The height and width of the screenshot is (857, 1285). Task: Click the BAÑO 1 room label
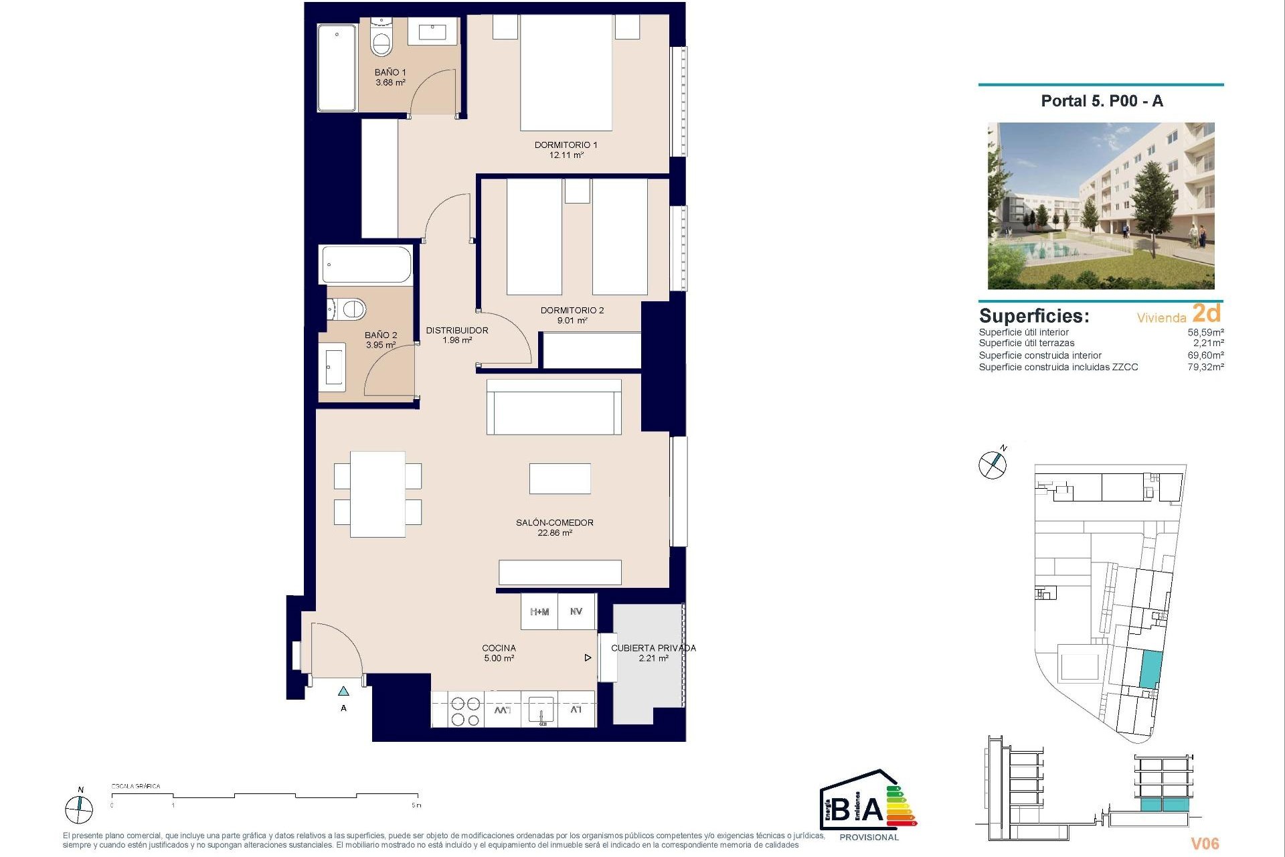point(390,72)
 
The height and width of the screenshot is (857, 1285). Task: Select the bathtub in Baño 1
point(337,67)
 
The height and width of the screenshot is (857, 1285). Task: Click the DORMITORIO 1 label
point(566,145)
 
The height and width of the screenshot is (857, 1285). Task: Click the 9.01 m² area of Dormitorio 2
point(572,321)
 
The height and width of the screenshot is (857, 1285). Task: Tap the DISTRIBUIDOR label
point(457,330)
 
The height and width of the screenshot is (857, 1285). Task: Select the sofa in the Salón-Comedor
point(554,407)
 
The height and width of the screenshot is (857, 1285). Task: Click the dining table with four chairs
point(377,494)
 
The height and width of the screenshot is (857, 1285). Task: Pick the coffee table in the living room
point(560,479)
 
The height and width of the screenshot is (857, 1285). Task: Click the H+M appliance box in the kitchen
point(539,612)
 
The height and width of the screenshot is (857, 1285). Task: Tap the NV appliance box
point(576,612)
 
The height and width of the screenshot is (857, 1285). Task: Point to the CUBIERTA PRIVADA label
point(653,648)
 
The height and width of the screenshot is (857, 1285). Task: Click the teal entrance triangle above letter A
point(343,691)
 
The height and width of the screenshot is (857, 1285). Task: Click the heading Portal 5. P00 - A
point(1102,101)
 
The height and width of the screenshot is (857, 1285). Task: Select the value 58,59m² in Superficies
point(1205,332)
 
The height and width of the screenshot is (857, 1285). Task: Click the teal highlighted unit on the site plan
point(1149,670)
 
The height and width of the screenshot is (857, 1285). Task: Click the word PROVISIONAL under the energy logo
point(869,837)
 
